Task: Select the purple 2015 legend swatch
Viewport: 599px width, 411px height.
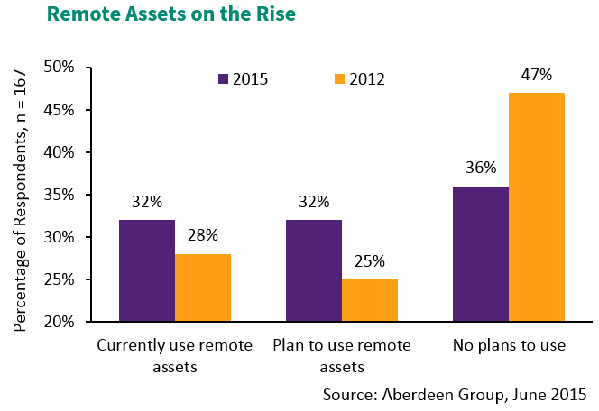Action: click(223, 79)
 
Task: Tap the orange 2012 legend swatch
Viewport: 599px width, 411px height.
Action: click(339, 79)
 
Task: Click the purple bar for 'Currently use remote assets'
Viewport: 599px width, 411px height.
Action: click(146, 270)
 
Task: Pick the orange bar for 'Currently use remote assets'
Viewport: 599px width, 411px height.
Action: click(203, 288)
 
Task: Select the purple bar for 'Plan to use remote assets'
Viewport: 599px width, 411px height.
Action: click(314, 270)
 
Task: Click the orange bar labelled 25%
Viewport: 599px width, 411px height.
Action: click(370, 300)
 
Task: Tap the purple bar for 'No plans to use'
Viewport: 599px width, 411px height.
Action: click(481, 253)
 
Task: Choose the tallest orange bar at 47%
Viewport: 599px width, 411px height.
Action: click(537, 207)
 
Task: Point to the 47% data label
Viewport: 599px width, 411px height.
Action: click(536, 75)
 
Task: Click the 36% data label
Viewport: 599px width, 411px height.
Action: click(481, 168)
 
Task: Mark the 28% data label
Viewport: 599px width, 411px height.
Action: click(203, 236)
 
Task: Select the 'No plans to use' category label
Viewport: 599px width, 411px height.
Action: click(509, 346)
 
